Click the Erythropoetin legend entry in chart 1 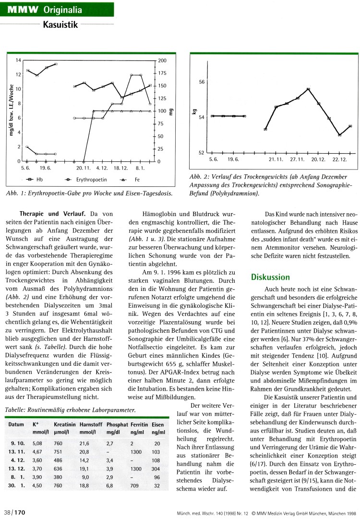tap(89, 180)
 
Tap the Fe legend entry tap(136, 180)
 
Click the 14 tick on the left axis tap(18, 60)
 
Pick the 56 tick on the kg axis tap(202, 82)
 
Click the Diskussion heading tap(271, 277)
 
